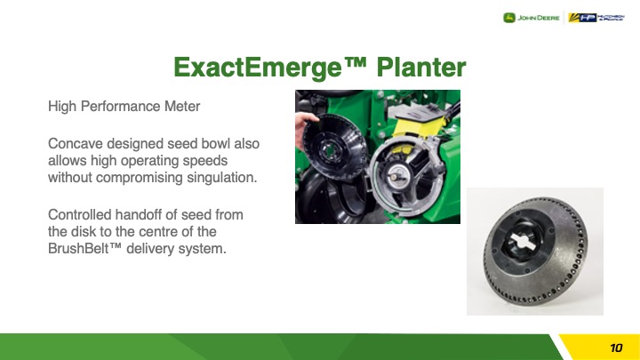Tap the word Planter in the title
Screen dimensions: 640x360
coord(421,67)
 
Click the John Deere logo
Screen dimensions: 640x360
coord(531,18)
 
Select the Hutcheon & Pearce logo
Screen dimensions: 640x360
coord(596,18)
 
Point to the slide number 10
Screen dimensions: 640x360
coord(616,348)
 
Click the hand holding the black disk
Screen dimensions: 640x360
coord(303,127)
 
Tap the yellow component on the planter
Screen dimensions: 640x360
coord(420,125)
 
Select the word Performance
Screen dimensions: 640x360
coord(121,107)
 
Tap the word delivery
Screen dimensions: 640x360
coord(149,249)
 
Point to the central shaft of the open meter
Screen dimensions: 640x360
coord(395,177)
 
